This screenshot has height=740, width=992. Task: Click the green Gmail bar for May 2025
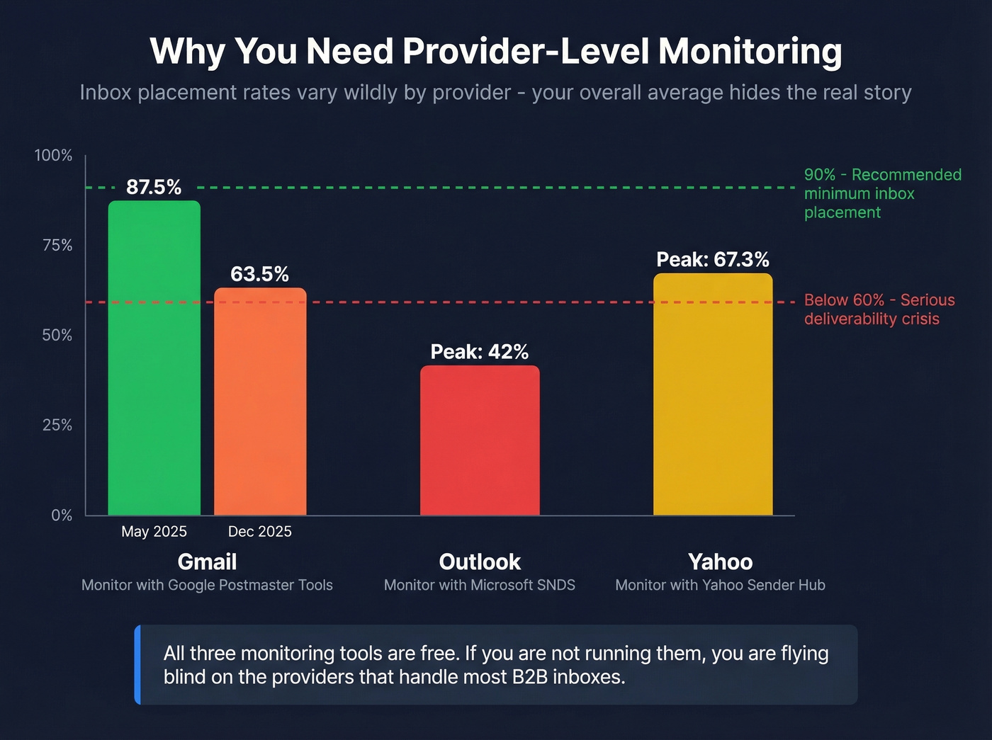click(154, 358)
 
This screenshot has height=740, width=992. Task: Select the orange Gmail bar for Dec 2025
click(260, 401)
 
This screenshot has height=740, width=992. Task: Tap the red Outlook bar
click(480, 440)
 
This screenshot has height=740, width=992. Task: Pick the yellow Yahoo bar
click(713, 394)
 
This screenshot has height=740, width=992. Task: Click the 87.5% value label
click(154, 187)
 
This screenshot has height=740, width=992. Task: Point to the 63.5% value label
click(259, 274)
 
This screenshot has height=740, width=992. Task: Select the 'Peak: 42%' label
click(480, 352)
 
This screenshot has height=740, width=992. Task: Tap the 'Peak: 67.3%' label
click(713, 260)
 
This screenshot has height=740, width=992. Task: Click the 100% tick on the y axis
click(54, 155)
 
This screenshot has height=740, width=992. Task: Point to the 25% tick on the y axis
click(57, 425)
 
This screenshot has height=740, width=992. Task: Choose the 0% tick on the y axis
click(62, 515)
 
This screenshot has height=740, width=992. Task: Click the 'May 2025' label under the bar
click(154, 531)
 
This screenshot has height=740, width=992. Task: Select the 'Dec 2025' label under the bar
click(259, 531)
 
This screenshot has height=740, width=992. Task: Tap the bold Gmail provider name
click(207, 562)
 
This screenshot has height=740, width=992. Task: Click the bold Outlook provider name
click(480, 562)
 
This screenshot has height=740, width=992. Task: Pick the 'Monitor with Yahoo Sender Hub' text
click(720, 585)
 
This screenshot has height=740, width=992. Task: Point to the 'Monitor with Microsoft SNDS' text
click(480, 585)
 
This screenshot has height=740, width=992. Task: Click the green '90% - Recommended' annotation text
click(882, 175)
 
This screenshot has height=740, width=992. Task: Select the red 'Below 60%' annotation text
click(879, 300)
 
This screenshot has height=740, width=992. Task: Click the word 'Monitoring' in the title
click(750, 52)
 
